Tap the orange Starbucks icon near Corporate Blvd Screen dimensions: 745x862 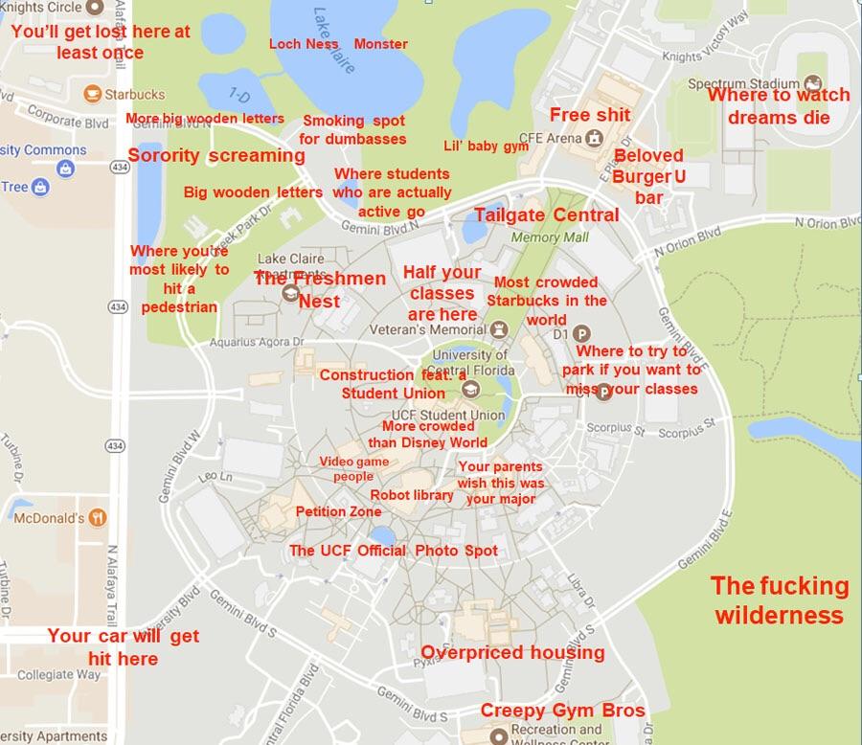(93, 94)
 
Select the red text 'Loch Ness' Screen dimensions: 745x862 (304, 43)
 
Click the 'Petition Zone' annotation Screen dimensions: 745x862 (338, 511)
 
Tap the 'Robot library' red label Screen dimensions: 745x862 (412, 495)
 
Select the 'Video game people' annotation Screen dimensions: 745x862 (353, 468)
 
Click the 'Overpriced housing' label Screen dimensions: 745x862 (512, 652)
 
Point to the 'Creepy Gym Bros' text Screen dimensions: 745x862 (562, 710)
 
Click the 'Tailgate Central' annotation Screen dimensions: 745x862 (546, 214)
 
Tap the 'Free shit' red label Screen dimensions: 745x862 (590, 115)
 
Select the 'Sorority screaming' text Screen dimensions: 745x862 (216, 155)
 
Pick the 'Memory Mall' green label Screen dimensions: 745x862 (549, 237)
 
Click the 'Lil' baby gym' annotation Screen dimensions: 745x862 (486, 147)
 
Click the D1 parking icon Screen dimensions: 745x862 (578, 335)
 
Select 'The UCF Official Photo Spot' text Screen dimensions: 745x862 (394, 551)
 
